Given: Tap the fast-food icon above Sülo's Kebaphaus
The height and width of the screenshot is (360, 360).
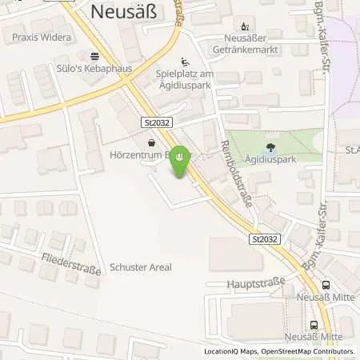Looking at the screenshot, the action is point(94,57).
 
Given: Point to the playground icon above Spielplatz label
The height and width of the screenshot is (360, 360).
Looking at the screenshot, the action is point(186,62).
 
